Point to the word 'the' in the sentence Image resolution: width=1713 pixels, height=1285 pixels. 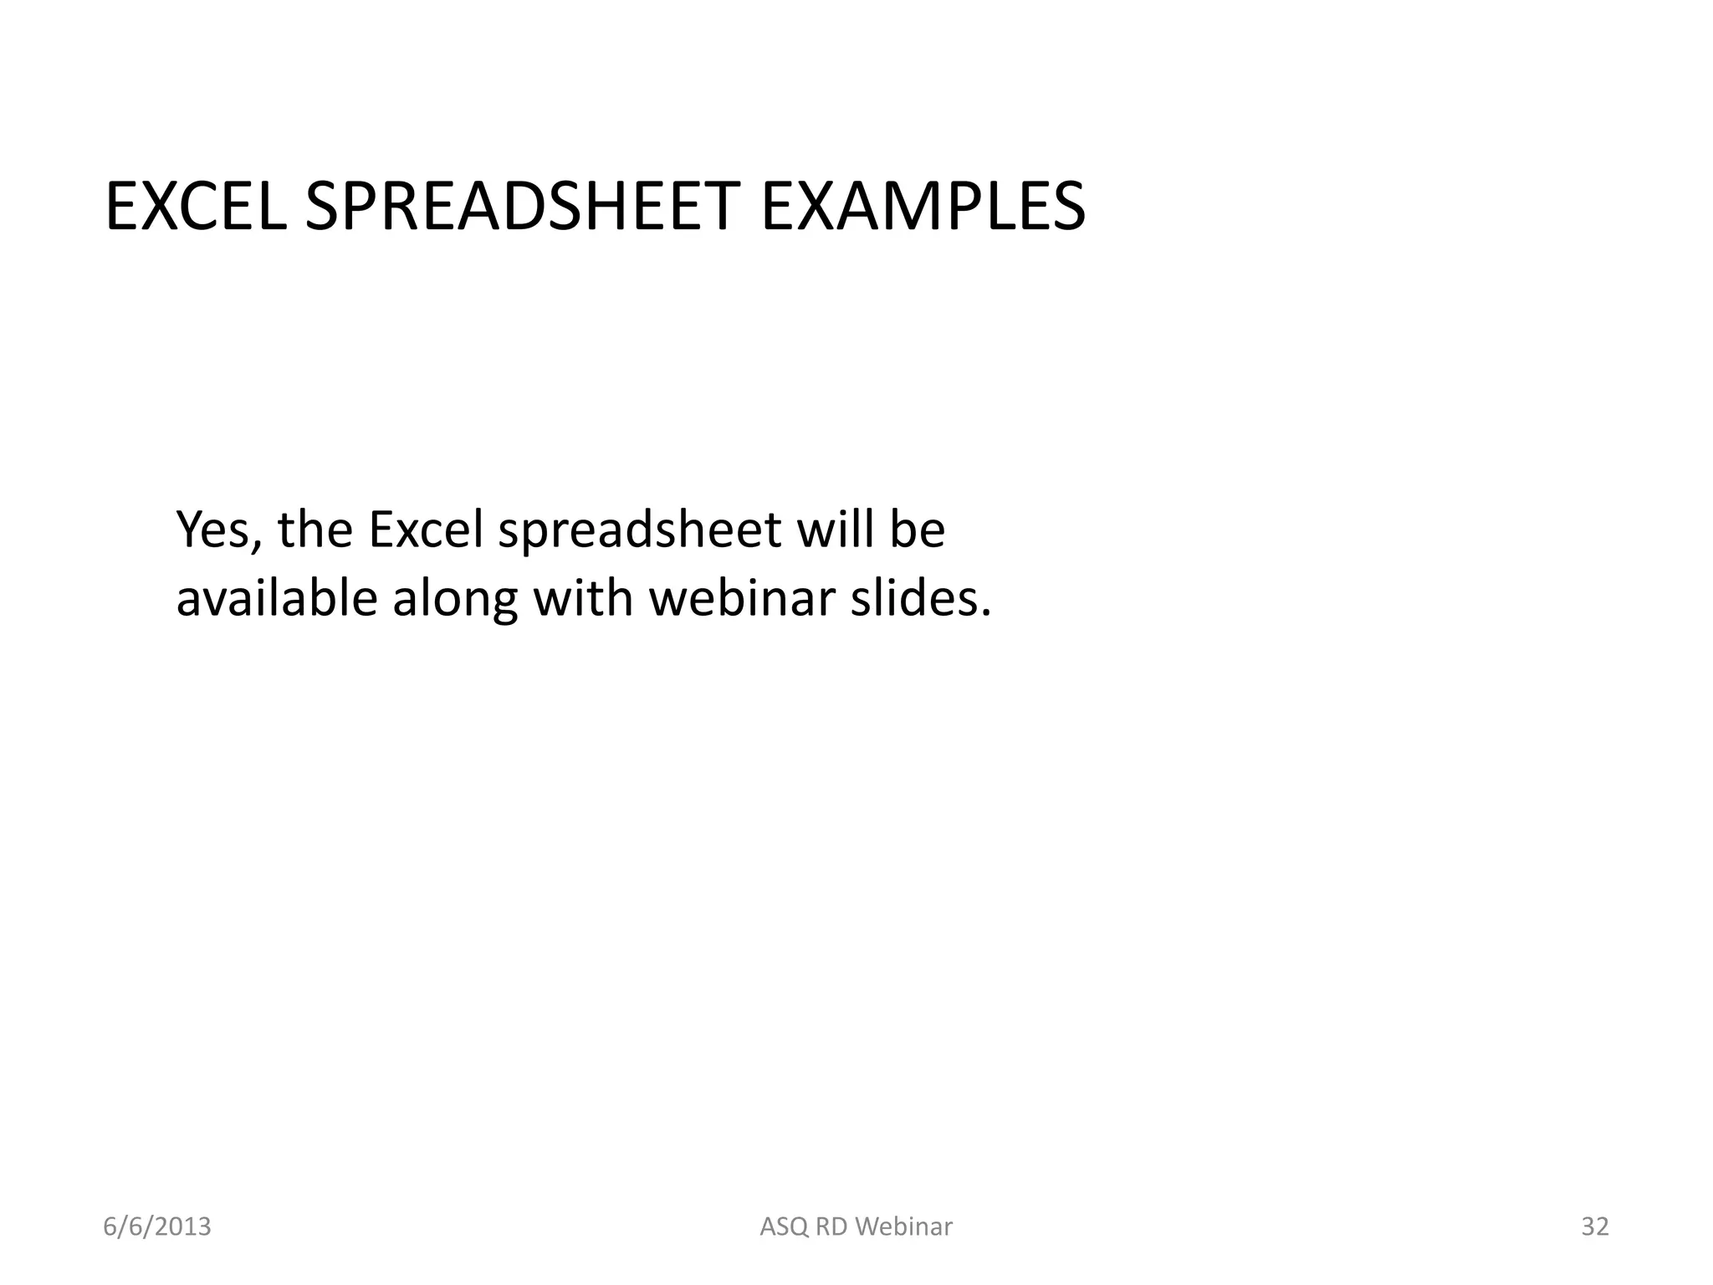pyautogui.click(x=315, y=530)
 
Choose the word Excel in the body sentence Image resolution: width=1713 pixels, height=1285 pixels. pyautogui.click(x=426, y=530)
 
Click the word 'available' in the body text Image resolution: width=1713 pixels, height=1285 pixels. pyautogui.click(x=277, y=599)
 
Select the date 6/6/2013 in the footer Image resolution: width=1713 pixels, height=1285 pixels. pyautogui.click(x=157, y=1226)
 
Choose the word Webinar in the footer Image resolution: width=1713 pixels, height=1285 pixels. pyautogui.click(x=905, y=1227)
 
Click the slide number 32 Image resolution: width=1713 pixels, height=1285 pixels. pyautogui.click(x=1595, y=1226)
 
